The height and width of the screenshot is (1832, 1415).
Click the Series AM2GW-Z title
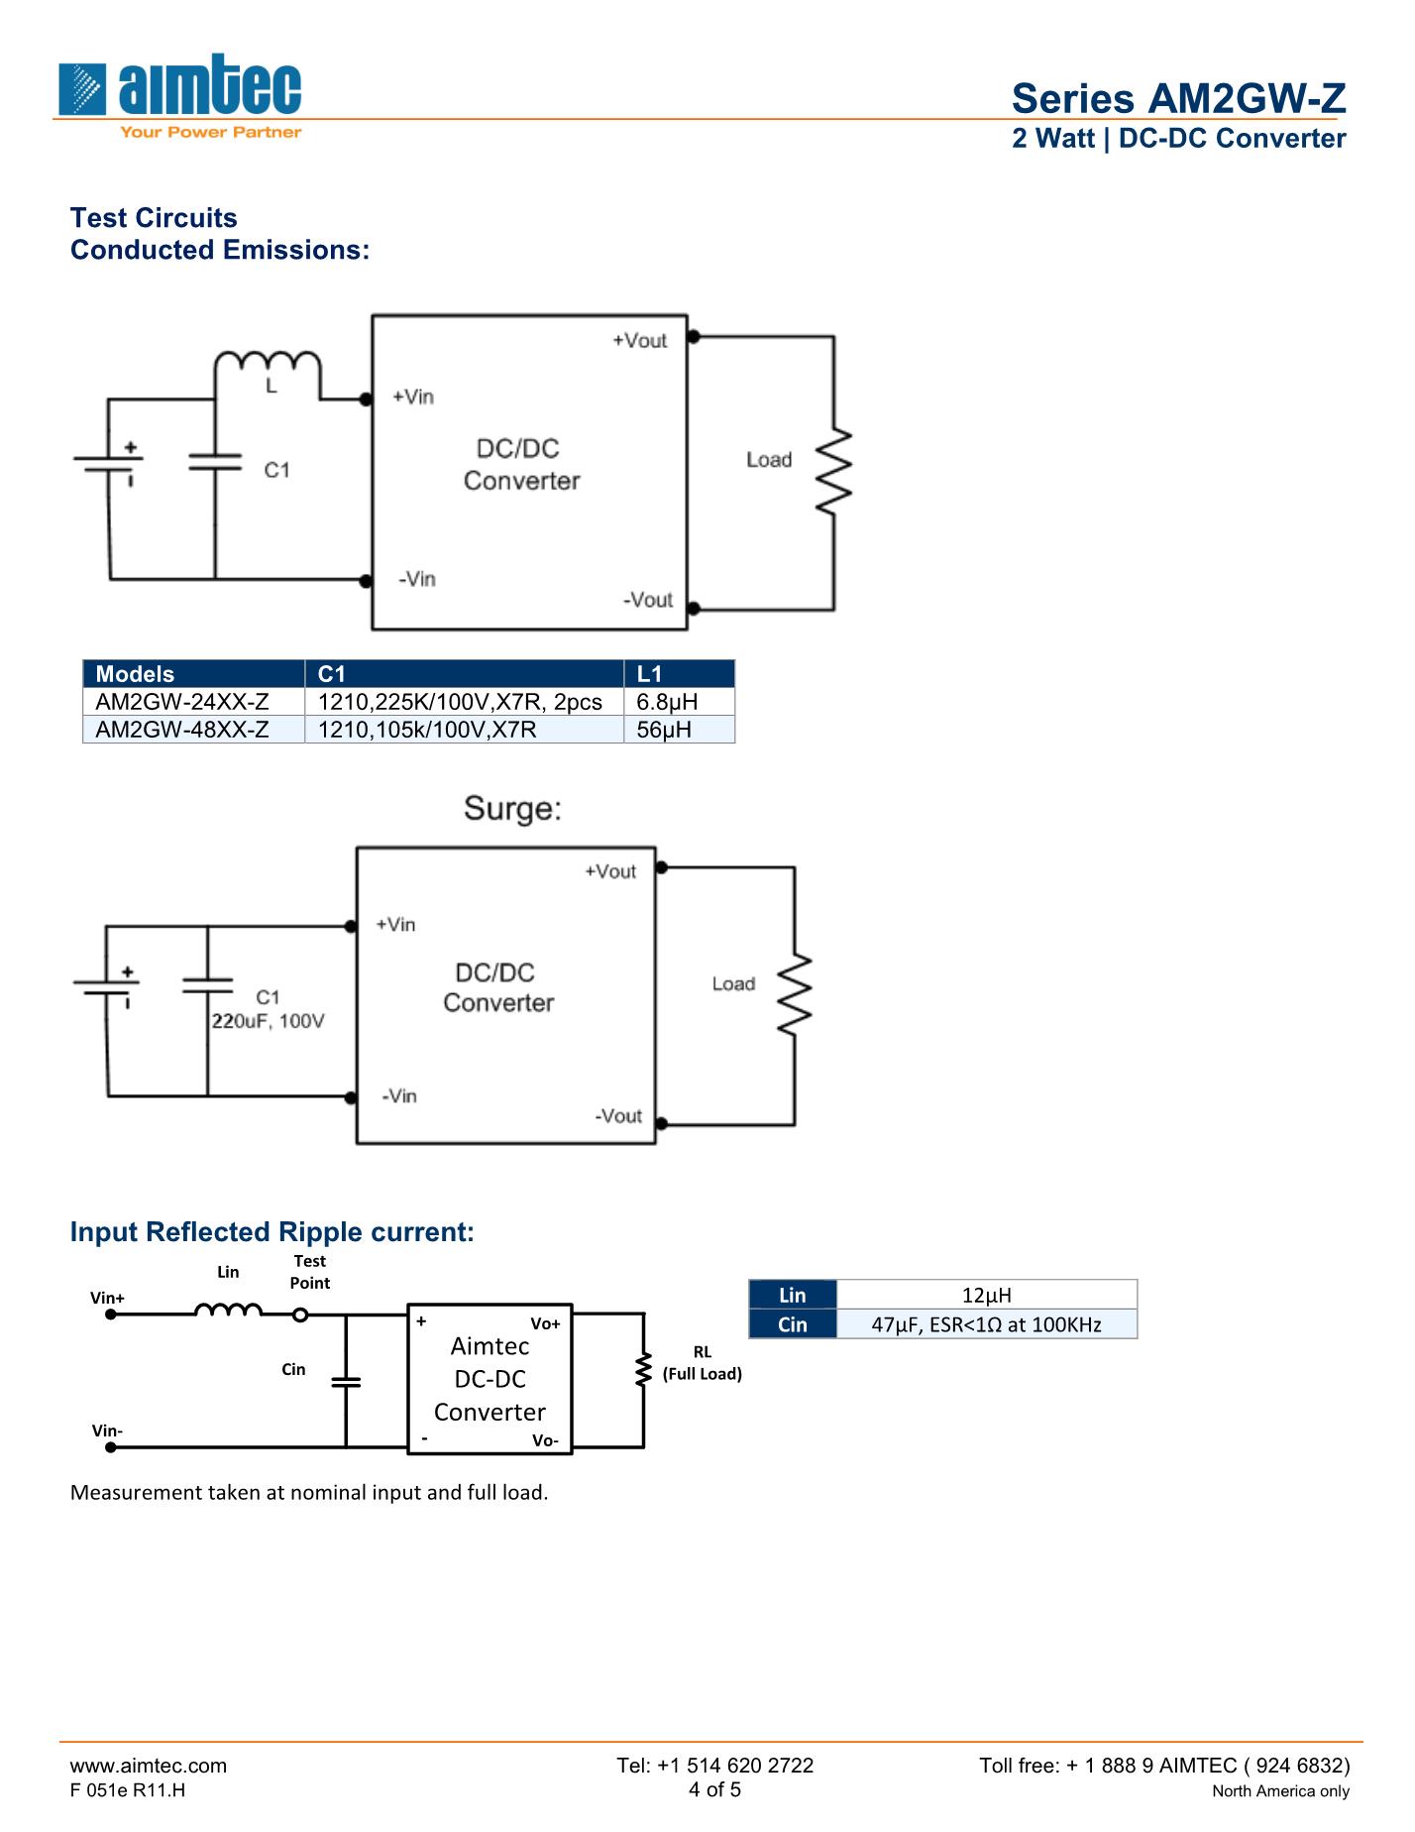pyautogui.click(x=1177, y=98)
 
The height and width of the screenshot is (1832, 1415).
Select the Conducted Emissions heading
pyautogui.click(x=219, y=250)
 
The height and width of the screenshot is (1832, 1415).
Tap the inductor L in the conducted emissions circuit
pyautogui.click(x=268, y=364)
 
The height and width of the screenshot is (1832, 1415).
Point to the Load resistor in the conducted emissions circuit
pyautogui.click(x=833, y=472)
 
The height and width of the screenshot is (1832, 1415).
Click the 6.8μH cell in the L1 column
pyautogui.click(x=668, y=702)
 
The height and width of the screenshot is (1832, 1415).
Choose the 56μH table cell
pyautogui.click(x=664, y=730)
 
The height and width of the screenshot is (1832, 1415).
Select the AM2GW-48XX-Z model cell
pyautogui.click(x=182, y=730)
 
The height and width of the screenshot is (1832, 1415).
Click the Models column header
pyautogui.click(x=135, y=674)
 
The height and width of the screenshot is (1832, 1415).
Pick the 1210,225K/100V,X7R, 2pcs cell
pyautogui.click(x=460, y=702)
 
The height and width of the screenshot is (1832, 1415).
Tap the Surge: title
pyautogui.click(x=512, y=809)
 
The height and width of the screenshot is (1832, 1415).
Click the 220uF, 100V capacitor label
pyautogui.click(x=268, y=1021)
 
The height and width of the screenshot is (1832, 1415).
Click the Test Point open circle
pyautogui.click(x=300, y=1315)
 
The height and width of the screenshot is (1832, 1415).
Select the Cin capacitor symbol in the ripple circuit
pyautogui.click(x=346, y=1381)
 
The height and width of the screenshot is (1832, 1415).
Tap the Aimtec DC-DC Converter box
pyautogui.click(x=490, y=1379)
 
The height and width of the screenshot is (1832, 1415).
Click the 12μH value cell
pyautogui.click(x=986, y=1295)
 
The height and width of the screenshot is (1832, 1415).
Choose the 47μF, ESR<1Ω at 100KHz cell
pyautogui.click(x=986, y=1324)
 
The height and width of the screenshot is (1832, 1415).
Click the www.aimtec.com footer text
pyautogui.click(x=149, y=1765)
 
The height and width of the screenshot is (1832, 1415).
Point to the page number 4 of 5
pyautogui.click(x=714, y=1789)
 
